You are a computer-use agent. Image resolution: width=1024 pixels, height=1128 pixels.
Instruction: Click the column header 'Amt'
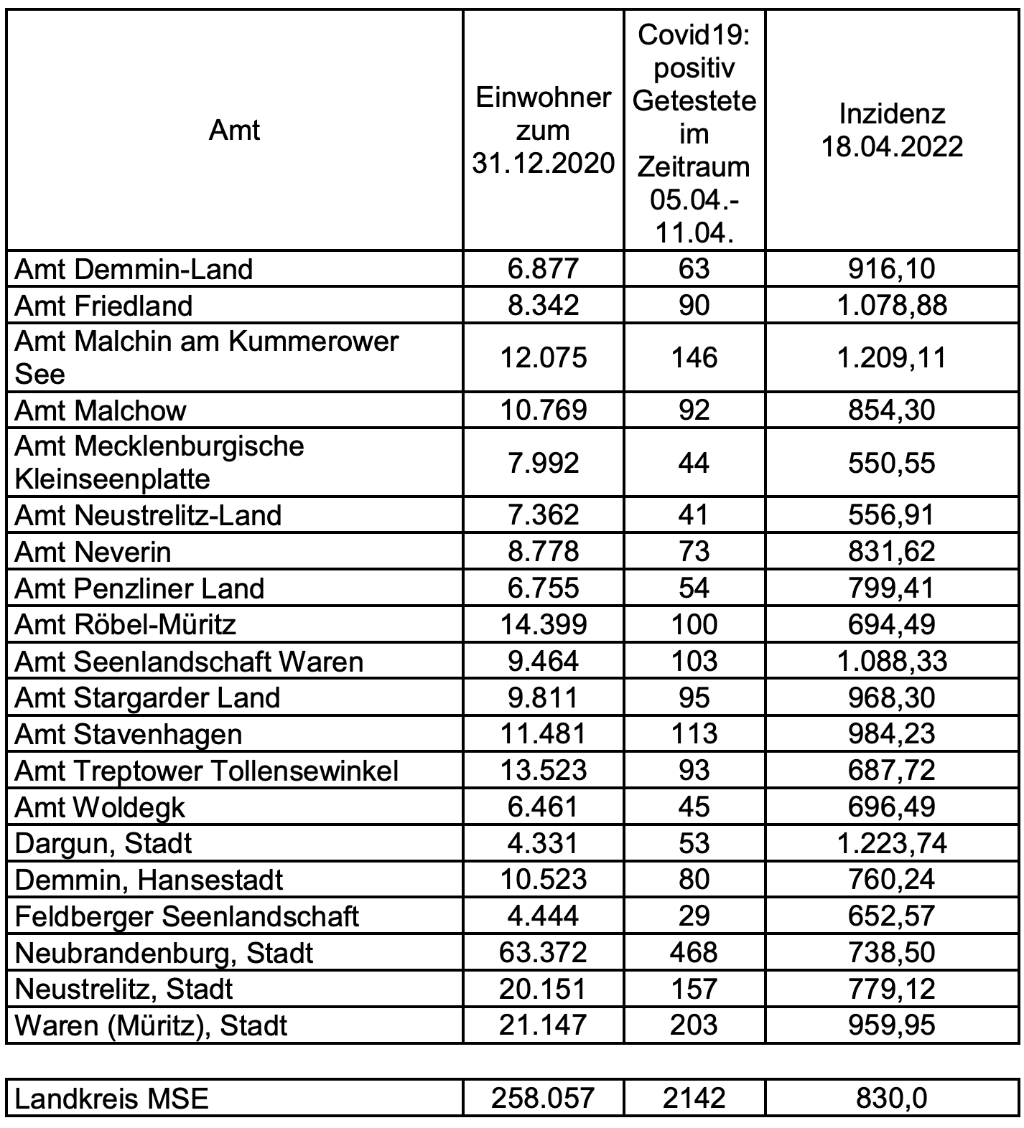pyautogui.click(x=234, y=131)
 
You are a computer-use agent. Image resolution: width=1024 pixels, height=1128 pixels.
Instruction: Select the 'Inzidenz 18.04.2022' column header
pyautogui.click(x=892, y=131)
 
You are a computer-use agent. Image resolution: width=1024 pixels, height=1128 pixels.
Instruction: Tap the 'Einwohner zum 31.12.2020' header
pyautogui.click(x=543, y=131)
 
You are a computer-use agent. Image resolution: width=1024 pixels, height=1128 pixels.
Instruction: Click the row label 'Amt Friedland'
pyautogui.click(x=104, y=306)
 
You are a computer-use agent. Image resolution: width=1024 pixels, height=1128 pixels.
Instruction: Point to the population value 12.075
pyautogui.click(x=543, y=357)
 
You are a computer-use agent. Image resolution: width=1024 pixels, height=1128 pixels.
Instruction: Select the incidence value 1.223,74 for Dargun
pyautogui.click(x=892, y=843)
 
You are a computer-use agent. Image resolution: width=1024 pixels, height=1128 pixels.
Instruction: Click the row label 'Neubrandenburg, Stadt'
pyautogui.click(x=164, y=953)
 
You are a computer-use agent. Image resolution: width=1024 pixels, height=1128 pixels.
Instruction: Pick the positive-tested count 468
pyautogui.click(x=694, y=952)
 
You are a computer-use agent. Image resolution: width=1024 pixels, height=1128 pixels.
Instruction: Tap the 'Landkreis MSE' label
pyautogui.click(x=112, y=1099)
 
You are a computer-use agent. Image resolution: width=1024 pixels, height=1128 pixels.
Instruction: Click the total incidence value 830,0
pyautogui.click(x=892, y=1098)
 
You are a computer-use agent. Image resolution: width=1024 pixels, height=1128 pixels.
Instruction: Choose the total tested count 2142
pyautogui.click(x=694, y=1098)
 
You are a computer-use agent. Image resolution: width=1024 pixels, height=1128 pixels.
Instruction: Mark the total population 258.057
pyautogui.click(x=543, y=1098)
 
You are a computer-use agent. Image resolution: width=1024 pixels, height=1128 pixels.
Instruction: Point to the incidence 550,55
pyautogui.click(x=892, y=463)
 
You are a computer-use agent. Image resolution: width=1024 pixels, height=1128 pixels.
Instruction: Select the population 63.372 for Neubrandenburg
pyautogui.click(x=543, y=952)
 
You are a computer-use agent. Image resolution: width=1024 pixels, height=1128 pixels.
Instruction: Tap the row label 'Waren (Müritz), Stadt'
pyautogui.click(x=152, y=1025)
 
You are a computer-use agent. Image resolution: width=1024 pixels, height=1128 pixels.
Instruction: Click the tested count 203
pyautogui.click(x=694, y=1025)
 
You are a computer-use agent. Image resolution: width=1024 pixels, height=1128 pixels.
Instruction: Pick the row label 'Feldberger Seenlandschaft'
pyautogui.click(x=187, y=916)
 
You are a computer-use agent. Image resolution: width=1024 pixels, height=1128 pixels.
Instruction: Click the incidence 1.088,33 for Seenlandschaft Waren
pyautogui.click(x=892, y=661)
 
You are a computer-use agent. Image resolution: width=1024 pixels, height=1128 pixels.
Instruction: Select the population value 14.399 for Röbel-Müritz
pyautogui.click(x=543, y=624)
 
